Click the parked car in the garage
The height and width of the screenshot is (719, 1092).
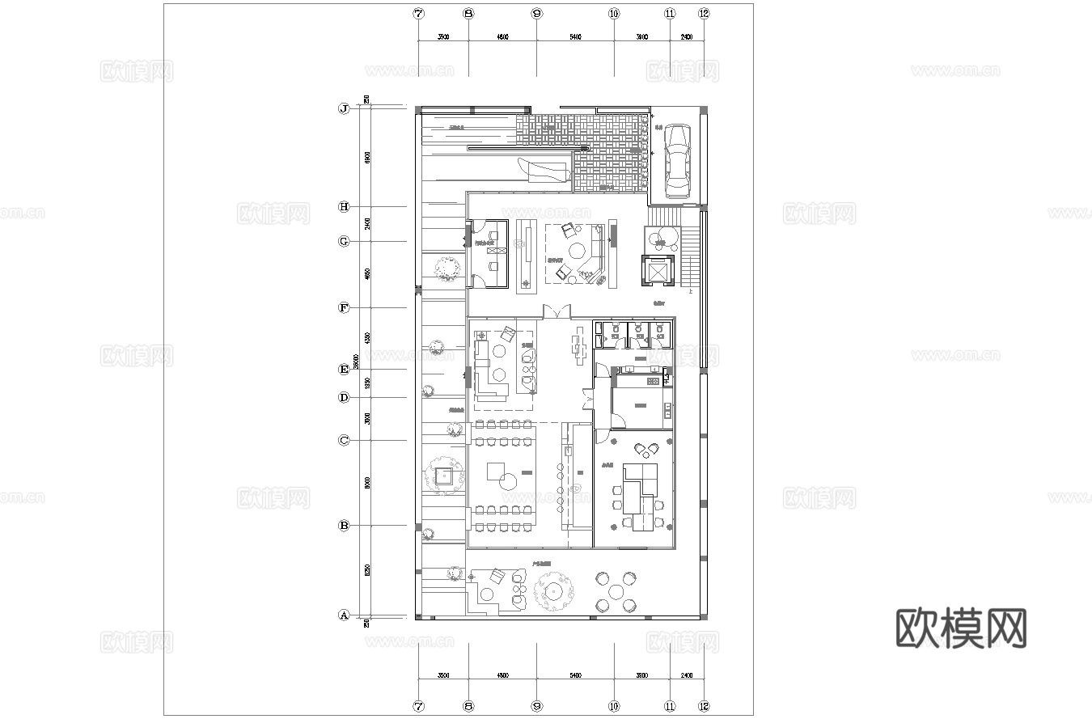click(677, 161)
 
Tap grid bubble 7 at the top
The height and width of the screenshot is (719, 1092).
click(418, 14)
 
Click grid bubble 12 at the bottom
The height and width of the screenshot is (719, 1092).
click(704, 706)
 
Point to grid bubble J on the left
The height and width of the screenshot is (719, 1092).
click(344, 108)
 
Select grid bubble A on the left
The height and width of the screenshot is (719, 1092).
click(344, 615)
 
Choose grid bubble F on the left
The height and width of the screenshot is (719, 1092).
click(344, 308)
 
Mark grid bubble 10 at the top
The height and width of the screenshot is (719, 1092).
click(614, 14)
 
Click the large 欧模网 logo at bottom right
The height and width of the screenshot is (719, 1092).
click(961, 628)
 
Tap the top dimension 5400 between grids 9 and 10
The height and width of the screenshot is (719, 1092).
click(575, 37)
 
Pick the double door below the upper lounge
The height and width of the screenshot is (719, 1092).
click(557, 312)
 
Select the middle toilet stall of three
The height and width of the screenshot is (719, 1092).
click(638, 335)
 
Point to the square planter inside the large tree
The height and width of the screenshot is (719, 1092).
click(444, 476)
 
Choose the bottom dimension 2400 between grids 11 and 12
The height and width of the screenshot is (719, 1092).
click(687, 675)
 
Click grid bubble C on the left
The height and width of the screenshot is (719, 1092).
click(344, 441)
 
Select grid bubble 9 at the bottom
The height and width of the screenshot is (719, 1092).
click(536, 706)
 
